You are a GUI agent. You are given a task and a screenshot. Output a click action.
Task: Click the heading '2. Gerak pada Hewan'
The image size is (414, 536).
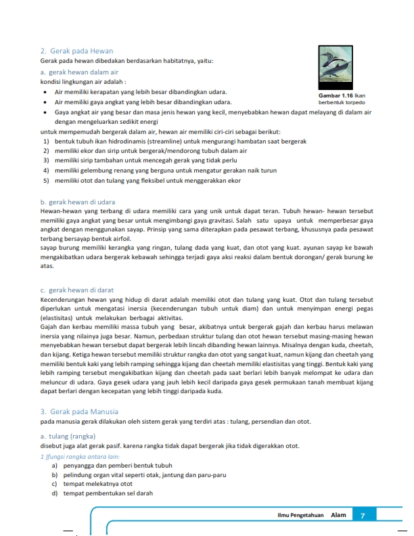[x=76, y=51]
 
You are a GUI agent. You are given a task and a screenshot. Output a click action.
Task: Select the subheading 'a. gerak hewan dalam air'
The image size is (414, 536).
[x=80, y=71]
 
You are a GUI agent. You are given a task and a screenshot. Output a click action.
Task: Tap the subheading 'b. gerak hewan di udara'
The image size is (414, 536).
[x=78, y=202]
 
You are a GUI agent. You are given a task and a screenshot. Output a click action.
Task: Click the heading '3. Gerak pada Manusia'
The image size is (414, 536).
[x=79, y=411]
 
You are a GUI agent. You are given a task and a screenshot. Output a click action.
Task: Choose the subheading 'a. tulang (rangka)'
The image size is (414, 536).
[x=68, y=436]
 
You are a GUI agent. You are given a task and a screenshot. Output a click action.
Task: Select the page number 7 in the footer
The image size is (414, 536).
[x=363, y=516]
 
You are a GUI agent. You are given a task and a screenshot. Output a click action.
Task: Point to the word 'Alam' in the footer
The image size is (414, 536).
[x=338, y=516]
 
